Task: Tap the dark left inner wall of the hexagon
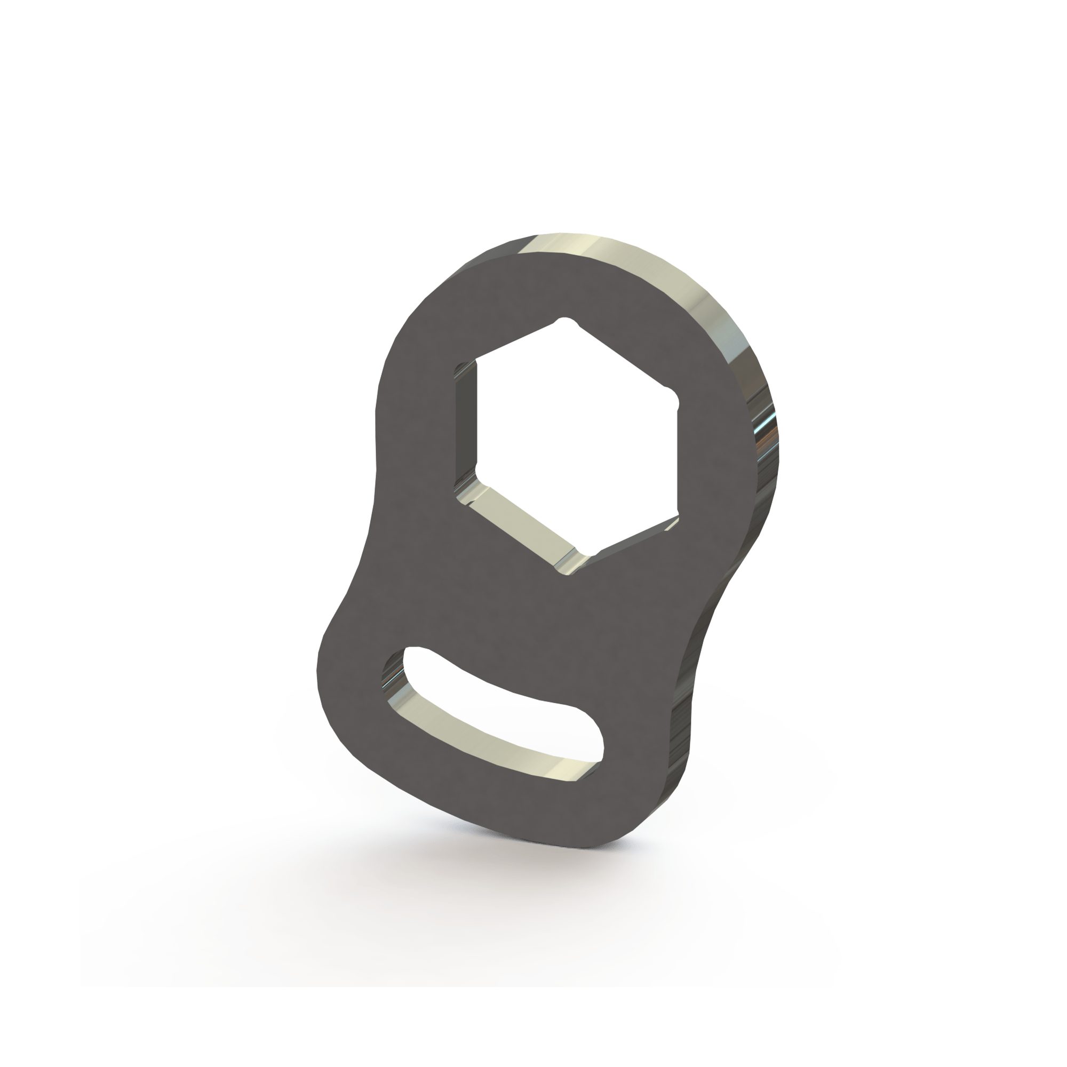click(465, 425)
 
